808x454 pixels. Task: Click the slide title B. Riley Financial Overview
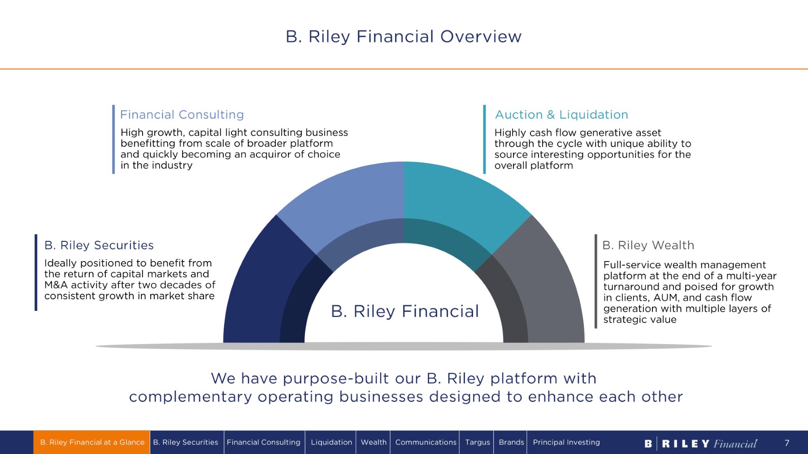[x=404, y=36]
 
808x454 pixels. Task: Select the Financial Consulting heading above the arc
[x=182, y=115]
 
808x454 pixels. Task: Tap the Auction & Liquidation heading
[x=561, y=115]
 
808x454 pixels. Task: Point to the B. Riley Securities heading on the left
[x=99, y=245]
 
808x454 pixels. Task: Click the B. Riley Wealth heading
[x=648, y=245]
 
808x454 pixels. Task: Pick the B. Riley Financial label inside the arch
[x=404, y=311]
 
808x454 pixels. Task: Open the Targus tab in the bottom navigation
[x=477, y=442]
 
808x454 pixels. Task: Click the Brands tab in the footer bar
[x=511, y=442]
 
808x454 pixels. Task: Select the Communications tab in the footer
[x=426, y=442]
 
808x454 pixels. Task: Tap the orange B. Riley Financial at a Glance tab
[x=92, y=442]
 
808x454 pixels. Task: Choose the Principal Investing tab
[x=566, y=442]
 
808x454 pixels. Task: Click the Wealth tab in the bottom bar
[x=374, y=442]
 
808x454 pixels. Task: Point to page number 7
[x=787, y=443]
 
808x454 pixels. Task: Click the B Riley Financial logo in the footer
[x=700, y=444]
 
